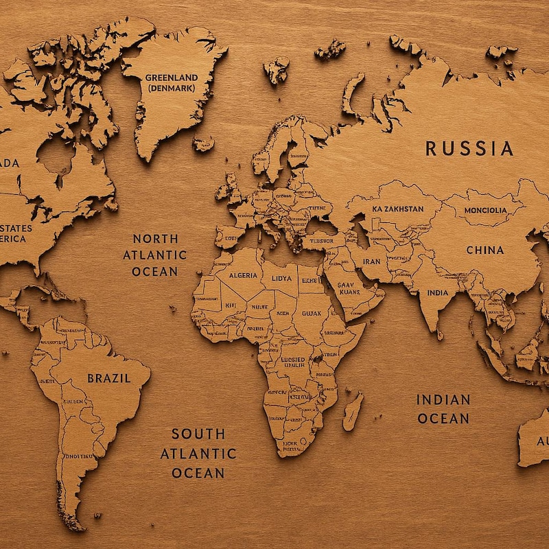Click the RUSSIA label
[x=469, y=148]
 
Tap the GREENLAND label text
[x=170, y=78]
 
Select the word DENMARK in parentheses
[x=170, y=89]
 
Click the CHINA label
[x=484, y=250]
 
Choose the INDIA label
[x=437, y=293]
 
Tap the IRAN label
[x=371, y=261]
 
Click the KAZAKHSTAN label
[x=398, y=209]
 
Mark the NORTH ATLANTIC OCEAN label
[x=155, y=255]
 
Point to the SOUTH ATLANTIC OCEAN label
[x=198, y=453]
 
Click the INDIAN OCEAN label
[x=443, y=408]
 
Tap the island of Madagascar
[x=353, y=410]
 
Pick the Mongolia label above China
[x=485, y=210]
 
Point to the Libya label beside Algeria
[x=281, y=279]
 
